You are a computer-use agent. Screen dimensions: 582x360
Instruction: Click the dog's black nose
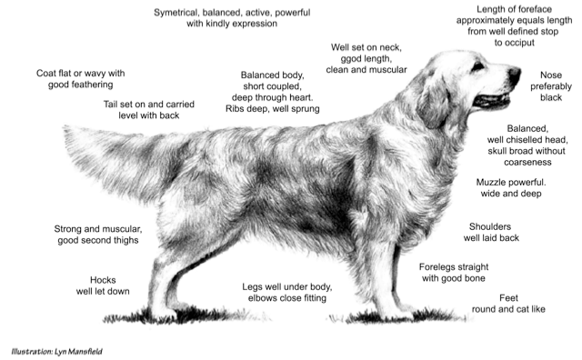click(x=515, y=75)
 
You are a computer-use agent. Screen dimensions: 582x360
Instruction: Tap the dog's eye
click(x=477, y=66)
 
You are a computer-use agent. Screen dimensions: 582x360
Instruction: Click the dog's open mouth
click(x=492, y=100)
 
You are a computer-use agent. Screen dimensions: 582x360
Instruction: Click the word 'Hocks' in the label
click(x=103, y=280)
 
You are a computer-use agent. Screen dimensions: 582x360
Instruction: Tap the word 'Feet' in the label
click(x=508, y=298)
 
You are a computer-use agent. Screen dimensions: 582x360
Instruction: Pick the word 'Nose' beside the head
click(x=551, y=75)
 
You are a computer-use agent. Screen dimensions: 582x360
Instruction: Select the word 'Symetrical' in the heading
click(x=176, y=13)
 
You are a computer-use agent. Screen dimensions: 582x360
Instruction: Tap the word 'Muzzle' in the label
click(x=491, y=182)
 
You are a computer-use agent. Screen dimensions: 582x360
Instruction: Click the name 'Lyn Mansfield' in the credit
click(x=78, y=351)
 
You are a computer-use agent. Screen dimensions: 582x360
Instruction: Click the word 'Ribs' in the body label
click(x=235, y=109)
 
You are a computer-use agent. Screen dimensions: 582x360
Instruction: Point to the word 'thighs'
click(x=125, y=241)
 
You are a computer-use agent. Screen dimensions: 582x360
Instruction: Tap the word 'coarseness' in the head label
click(x=527, y=162)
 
